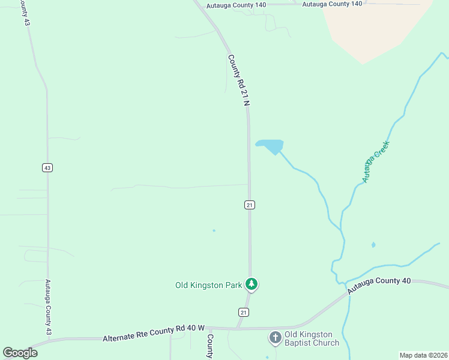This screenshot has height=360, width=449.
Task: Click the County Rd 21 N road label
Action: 238,80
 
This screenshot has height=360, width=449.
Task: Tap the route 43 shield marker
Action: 47,167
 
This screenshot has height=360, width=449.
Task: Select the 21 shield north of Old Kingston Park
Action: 250,205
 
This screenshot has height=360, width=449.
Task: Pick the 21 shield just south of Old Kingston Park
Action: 243,312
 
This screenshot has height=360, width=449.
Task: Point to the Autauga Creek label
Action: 376,161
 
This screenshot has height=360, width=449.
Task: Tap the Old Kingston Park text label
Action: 208,285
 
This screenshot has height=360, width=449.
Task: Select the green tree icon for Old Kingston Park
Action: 252,284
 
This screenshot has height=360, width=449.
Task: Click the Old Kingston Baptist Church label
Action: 312,338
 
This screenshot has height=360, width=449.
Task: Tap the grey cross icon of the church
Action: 275,338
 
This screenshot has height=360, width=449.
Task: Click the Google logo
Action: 20,352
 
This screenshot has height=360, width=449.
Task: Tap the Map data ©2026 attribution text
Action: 423,355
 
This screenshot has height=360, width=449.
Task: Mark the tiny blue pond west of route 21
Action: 214,230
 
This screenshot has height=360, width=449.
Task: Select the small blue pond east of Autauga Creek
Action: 373,245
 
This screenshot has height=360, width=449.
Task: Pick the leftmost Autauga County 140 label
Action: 235,4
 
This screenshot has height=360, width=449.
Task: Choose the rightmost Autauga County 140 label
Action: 332,4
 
